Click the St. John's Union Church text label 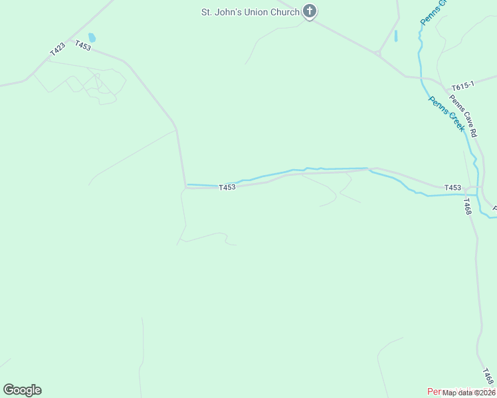pos(250,12)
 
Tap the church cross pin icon pos(310,11)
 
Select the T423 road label pos(58,49)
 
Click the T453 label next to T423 pos(83,46)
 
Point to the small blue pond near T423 pos(92,38)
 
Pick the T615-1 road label pos(462,86)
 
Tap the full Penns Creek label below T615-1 pos(446,113)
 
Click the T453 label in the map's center pos(227,188)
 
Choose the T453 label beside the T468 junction pos(452,188)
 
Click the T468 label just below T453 pos(468,206)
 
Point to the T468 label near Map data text pos(488,376)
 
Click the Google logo pos(22,390)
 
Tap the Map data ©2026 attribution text pos(469,392)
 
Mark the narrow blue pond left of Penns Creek pos(395,36)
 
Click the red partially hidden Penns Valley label pos(435,391)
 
